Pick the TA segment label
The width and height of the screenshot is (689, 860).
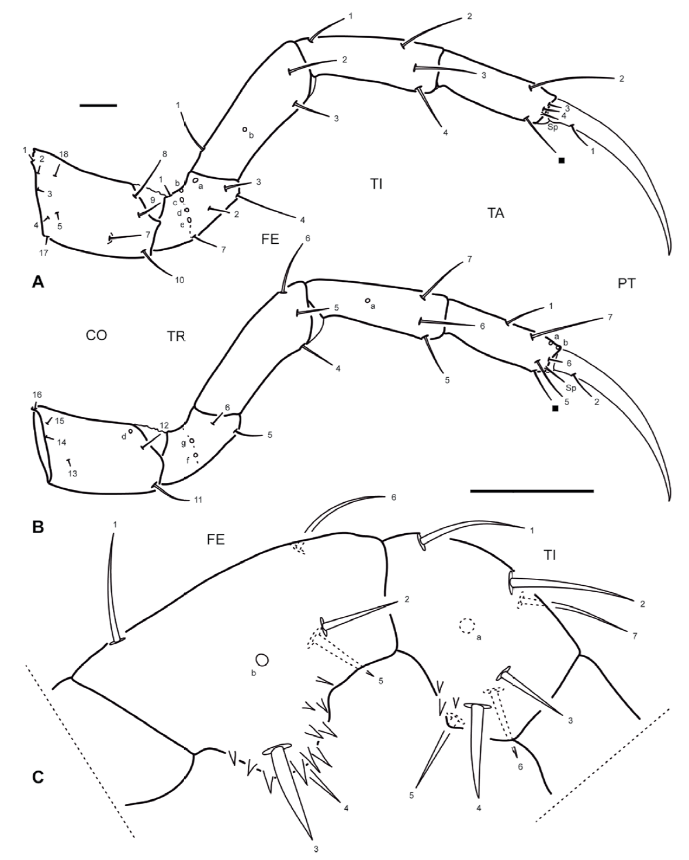point(496,213)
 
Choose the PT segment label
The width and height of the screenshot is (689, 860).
point(626,284)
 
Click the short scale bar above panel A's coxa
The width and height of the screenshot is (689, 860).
point(98,105)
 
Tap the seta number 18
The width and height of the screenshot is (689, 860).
point(64,154)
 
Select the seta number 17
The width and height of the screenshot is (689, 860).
point(44,253)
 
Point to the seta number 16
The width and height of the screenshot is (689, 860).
point(37,395)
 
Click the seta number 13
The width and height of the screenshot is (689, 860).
point(72,474)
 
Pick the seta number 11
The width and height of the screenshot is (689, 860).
point(193,500)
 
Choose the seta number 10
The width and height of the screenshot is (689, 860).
point(179,280)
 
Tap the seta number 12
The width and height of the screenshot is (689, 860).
point(164,425)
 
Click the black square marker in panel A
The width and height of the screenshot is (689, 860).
point(562,160)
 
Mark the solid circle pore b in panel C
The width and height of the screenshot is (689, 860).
point(262,659)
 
